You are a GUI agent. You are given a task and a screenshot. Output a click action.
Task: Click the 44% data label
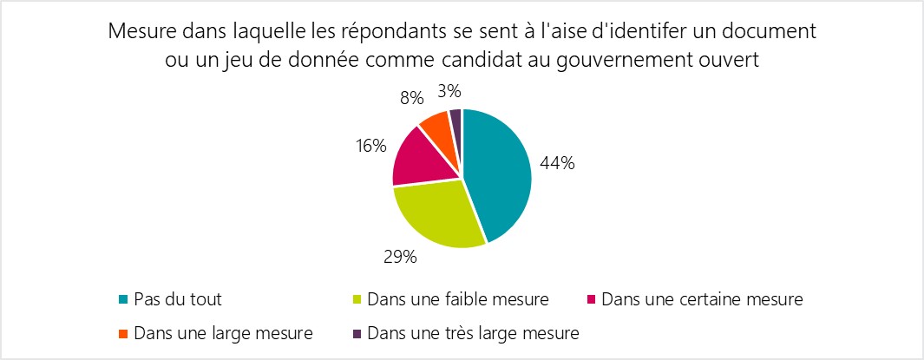point(557,162)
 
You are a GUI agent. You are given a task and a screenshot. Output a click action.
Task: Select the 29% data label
point(400,257)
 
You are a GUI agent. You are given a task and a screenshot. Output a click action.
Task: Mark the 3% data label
point(449,90)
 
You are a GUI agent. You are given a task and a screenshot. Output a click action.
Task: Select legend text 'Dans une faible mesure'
point(457,300)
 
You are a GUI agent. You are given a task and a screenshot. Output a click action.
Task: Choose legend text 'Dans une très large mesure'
point(473,331)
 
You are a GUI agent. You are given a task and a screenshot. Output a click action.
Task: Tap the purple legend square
point(356,331)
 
